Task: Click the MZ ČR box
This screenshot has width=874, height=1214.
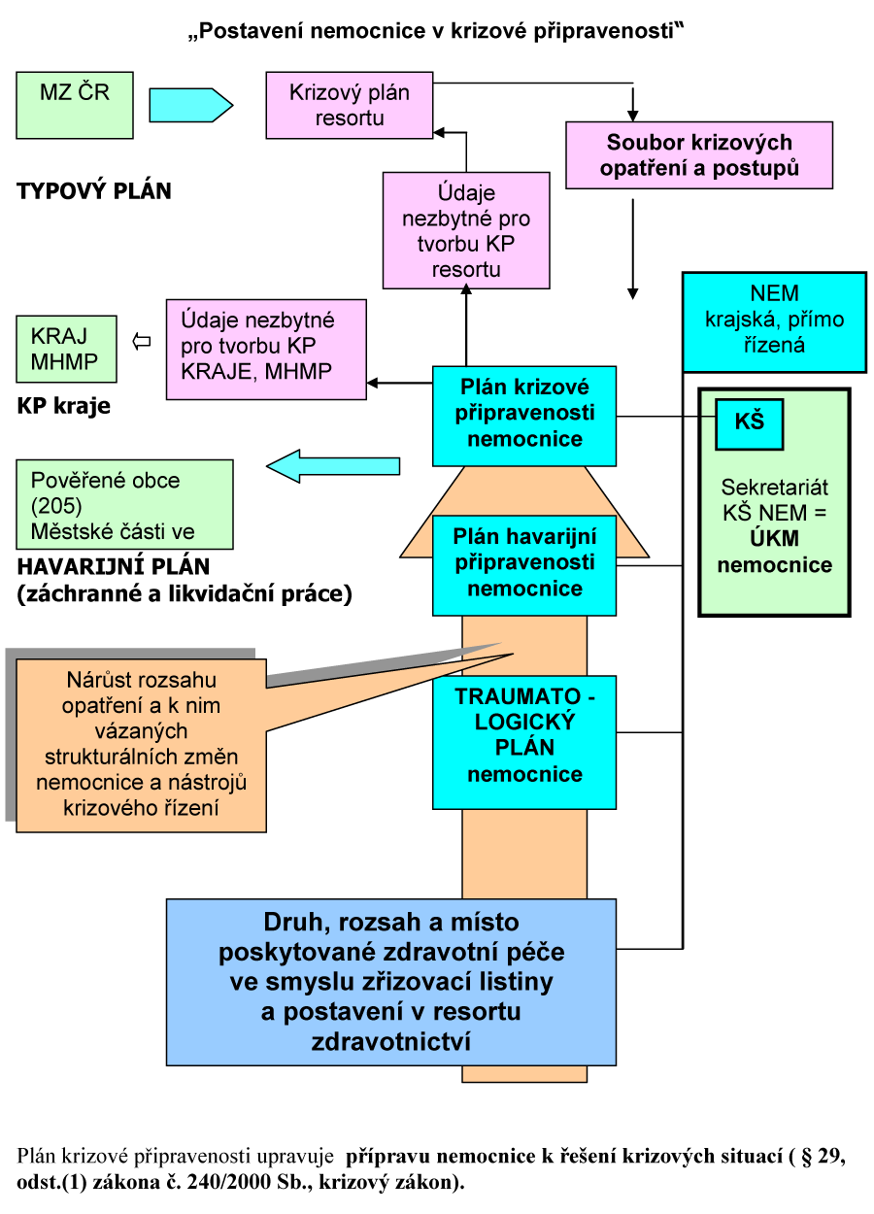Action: (75, 104)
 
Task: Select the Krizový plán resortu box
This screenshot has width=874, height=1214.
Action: (350, 106)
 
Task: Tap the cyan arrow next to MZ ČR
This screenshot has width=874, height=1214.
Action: (191, 105)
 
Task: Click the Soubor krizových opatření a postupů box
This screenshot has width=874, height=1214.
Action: (699, 154)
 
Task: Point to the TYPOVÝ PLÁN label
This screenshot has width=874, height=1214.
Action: (94, 191)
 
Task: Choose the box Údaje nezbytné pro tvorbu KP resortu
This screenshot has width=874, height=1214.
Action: (466, 230)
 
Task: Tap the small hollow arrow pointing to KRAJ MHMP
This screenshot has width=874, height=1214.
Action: (142, 341)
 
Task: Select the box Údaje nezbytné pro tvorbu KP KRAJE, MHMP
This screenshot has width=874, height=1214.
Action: (265, 350)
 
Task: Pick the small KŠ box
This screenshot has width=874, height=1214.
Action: (749, 423)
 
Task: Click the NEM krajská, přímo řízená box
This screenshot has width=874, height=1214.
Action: (773, 320)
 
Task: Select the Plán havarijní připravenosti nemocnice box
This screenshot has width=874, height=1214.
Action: (524, 565)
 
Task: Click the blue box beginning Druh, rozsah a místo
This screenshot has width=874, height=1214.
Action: (391, 981)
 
